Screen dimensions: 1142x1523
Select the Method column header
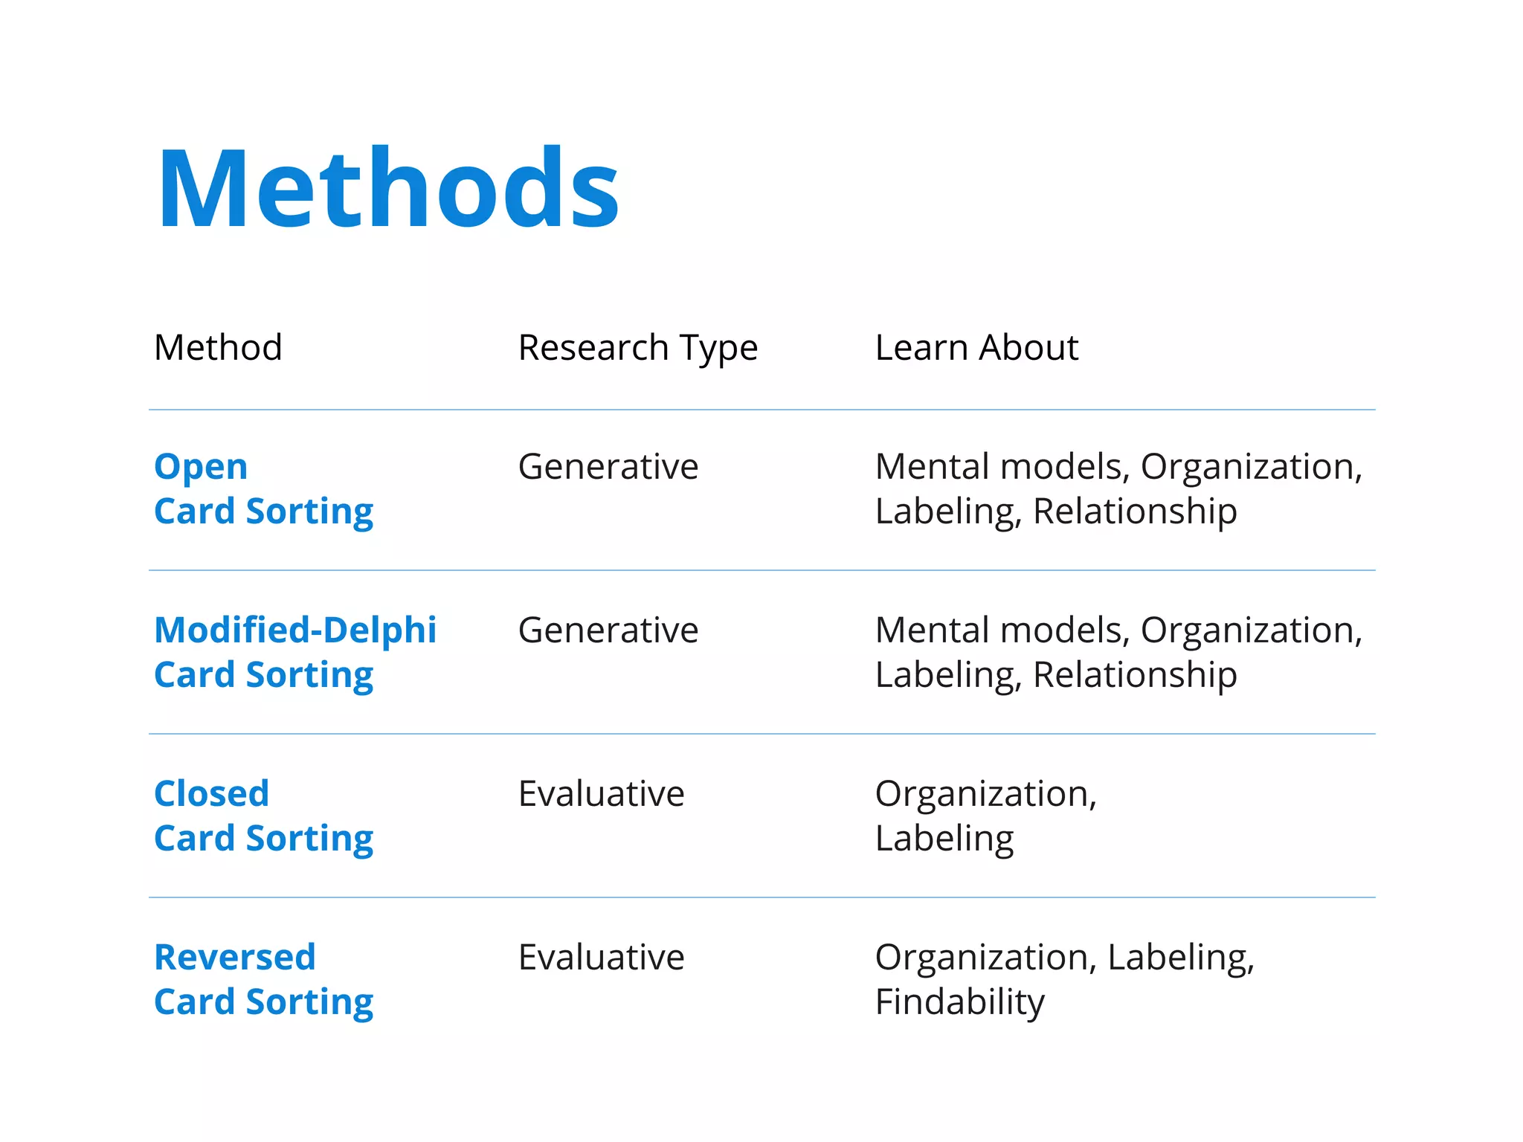point(218,347)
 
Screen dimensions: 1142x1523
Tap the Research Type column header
point(637,348)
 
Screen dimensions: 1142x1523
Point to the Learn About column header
point(976,347)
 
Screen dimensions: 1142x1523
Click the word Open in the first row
point(201,467)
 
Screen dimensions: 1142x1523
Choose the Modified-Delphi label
point(295,630)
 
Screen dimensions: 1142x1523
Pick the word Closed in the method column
point(211,793)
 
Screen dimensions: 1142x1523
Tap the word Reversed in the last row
point(235,957)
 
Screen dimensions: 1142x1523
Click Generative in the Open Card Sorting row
point(608,467)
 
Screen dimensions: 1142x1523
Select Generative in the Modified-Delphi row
point(608,630)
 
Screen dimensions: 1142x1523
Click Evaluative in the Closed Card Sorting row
point(601,793)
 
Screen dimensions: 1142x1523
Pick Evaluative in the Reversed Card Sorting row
point(601,957)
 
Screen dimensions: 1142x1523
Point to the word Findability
point(959,1002)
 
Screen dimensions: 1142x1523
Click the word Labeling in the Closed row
point(944,839)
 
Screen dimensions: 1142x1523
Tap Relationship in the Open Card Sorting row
point(1135,512)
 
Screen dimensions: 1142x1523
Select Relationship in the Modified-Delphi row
point(1135,675)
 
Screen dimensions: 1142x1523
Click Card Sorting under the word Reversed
point(263,1002)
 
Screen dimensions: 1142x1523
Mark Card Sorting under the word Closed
point(263,839)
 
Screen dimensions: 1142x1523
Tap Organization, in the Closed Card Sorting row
point(985,793)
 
